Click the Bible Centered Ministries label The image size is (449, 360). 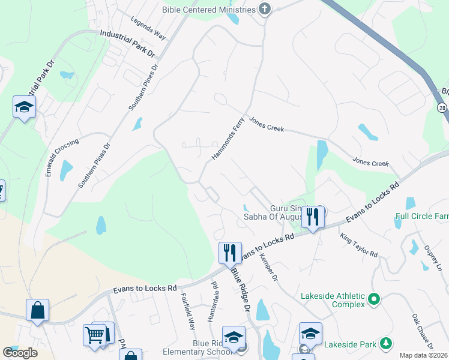point(209,9)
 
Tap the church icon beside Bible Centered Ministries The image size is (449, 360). point(264,8)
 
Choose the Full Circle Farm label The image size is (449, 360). point(422,216)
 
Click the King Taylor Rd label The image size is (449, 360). point(358,246)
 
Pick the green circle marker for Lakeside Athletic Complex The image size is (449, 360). point(375,298)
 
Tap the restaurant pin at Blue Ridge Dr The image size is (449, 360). point(230,253)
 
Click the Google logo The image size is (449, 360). point(20,353)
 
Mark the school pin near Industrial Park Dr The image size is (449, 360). point(24,107)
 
